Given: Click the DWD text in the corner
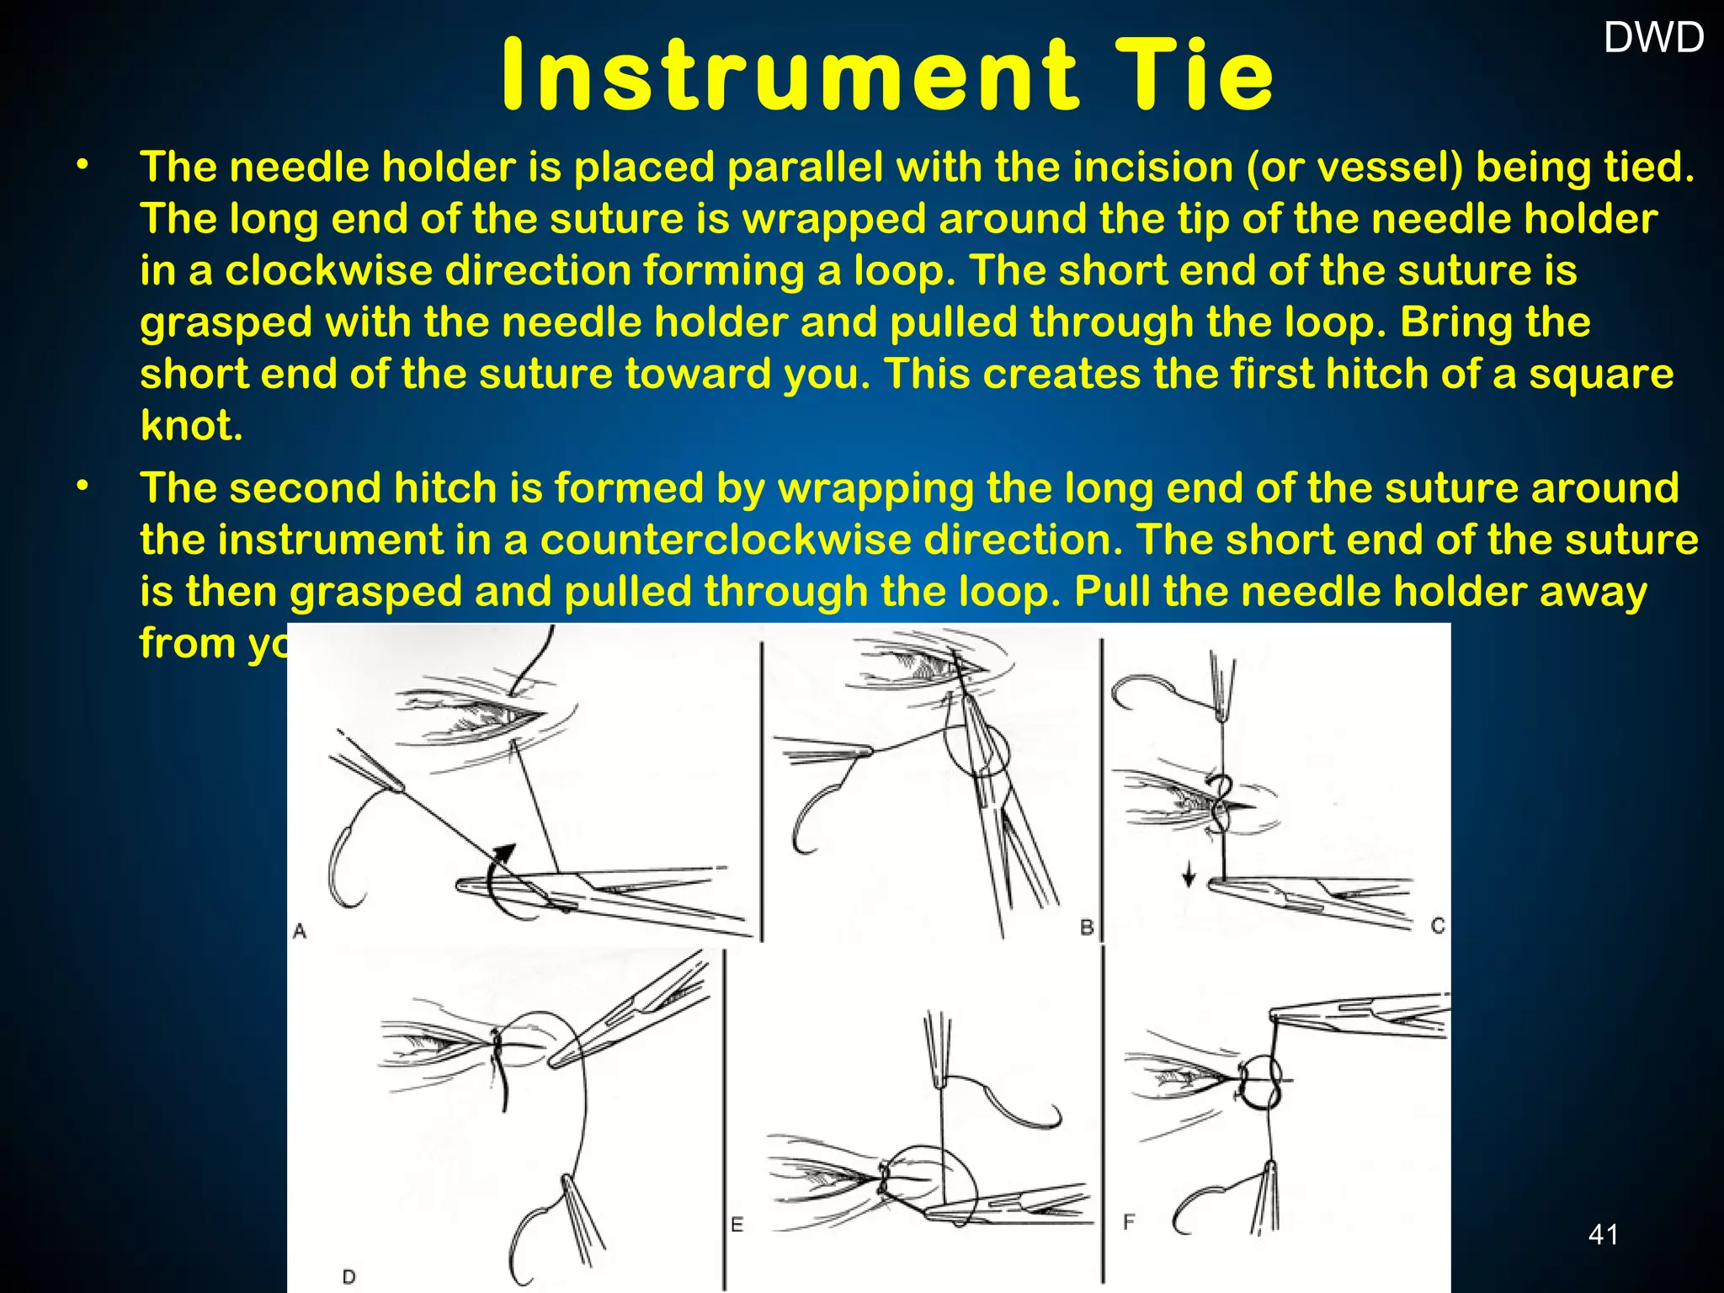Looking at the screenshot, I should [1653, 38].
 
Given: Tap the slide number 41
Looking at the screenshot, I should [1603, 1234].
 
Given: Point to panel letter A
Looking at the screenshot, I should [300, 931].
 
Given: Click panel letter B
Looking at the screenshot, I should [1087, 927].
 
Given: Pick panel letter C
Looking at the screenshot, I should [1438, 925].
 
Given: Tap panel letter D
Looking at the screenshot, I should [349, 1276].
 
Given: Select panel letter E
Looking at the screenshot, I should [737, 1225].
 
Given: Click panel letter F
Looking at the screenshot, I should [1129, 1221].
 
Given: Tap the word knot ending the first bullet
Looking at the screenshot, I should [191, 426].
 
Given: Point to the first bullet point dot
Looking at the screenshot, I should [82, 165].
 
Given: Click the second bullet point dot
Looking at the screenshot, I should [82, 487].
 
